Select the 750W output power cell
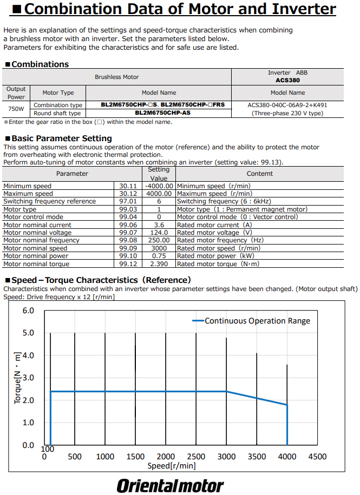(x=16, y=109)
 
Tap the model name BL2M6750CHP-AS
(x=162, y=113)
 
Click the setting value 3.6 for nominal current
(x=159, y=225)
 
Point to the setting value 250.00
(x=159, y=240)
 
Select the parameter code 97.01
(x=128, y=201)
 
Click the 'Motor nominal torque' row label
(x=37, y=264)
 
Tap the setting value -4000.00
(x=159, y=186)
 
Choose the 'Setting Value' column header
(x=159, y=174)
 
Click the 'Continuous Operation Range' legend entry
(x=257, y=321)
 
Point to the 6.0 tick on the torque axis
(x=28, y=311)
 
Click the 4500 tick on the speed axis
(x=317, y=457)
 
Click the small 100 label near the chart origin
(x=48, y=449)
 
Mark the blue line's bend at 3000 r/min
(x=226, y=391)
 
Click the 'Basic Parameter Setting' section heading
(x=61, y=138)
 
